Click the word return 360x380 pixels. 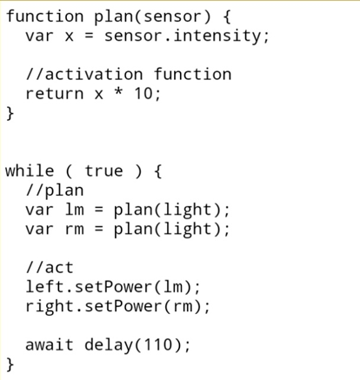coord(55,94)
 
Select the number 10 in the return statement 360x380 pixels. coord(143,93)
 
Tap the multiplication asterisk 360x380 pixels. coord(118,91)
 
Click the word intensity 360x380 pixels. coord(217,36)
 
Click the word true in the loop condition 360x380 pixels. coord(103,170)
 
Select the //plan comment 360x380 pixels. coord(55,190)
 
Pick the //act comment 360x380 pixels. coord(50,267)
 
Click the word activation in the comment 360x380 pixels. coord(94,74)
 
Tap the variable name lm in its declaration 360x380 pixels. coord(75,210)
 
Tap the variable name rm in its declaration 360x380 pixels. coord(75,230)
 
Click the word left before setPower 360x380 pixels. coord(45,286)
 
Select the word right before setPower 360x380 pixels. coord(50,307)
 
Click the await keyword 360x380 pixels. coord(50,345)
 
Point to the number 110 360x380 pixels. coord(158,344)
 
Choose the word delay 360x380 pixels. coord(109,345)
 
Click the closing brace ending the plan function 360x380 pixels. coord(10,113)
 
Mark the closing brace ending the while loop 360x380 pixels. coord(10,364)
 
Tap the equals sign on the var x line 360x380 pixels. coord(89,37)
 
